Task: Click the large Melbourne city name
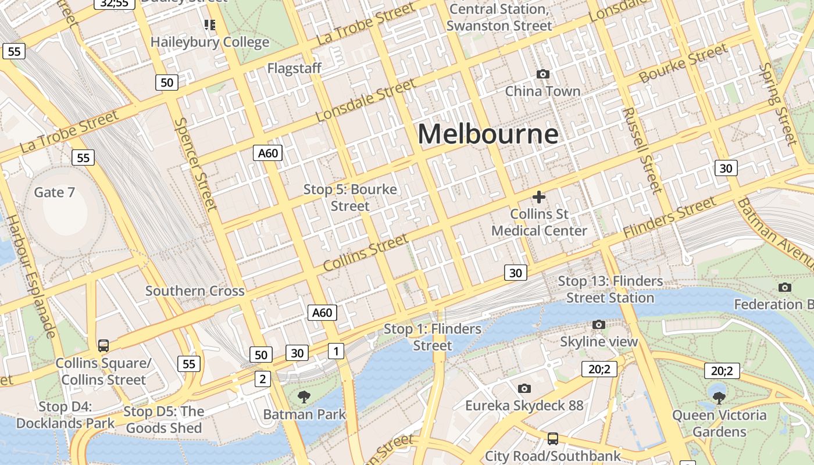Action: (488, 134)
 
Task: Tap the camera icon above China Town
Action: (542, 74)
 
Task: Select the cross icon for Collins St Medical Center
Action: (539, 197)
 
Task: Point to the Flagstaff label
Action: (294, 69)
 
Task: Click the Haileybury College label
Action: (210, 42)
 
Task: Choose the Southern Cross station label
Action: (195, 291)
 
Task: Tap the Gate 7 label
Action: (55, 192)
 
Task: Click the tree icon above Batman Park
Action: (303, 397)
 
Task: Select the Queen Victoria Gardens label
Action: (719, 424)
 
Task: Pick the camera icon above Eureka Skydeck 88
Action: (524, 388)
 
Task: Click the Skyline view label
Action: (599, 342)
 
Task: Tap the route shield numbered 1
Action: (335, 350)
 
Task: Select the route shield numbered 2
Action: (263, 380)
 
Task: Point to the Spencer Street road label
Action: (196, 164)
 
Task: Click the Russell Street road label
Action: (642, 151)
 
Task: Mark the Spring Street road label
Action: (778, 105)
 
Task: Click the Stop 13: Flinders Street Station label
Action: (610, 289)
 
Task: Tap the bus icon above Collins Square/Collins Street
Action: (103, 346)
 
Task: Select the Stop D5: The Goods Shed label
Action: (164, 420)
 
